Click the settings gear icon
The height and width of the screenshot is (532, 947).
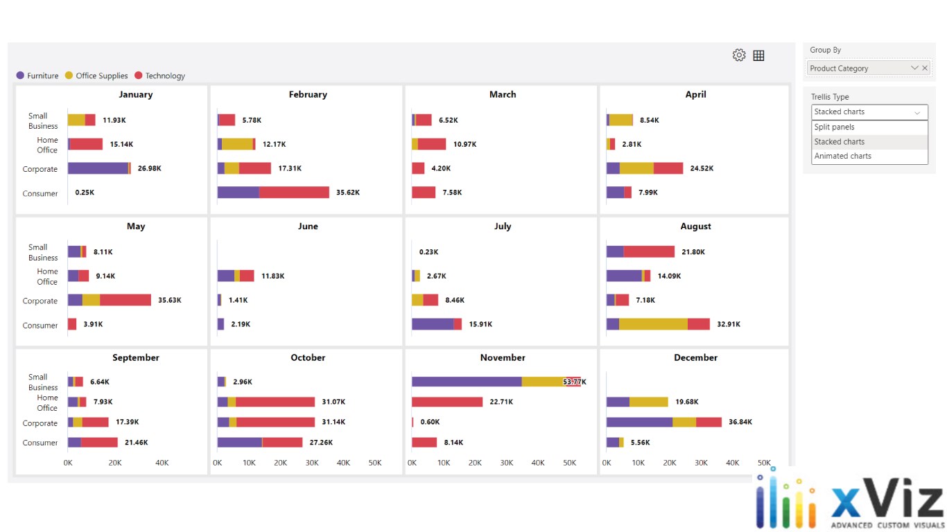(739, 55)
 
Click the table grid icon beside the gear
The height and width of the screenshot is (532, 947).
(758, 55)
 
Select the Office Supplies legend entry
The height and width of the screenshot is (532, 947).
(101, 76)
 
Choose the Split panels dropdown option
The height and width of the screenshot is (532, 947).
(834, 127)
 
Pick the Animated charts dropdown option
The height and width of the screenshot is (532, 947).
(842, 156)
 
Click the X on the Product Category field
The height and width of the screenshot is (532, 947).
(925, 68)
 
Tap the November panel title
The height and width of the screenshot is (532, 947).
(503, 357)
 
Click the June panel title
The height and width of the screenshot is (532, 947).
(308, 226)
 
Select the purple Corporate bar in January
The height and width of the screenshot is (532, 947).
(98, 168)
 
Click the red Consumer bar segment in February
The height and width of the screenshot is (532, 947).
(294, 193)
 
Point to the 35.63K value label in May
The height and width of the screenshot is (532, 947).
(170, 300)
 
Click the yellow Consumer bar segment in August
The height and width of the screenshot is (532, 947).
(653, 324)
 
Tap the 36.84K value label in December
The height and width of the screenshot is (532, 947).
(740, 422)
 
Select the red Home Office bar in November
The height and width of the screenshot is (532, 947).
(447, 402)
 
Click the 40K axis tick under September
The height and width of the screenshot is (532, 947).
(162, 463)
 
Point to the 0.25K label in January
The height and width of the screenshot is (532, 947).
(85, 193)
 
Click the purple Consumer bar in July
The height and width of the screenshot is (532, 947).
(433, 324)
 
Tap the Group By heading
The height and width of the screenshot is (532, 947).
(825, 50)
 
